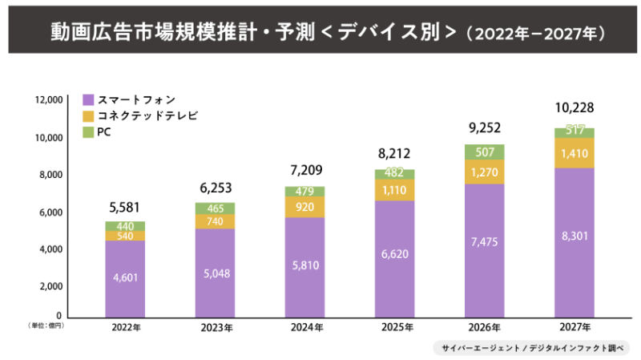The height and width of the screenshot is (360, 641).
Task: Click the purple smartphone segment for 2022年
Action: (125, 277)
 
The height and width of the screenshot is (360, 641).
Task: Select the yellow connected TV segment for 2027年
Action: (574, 153)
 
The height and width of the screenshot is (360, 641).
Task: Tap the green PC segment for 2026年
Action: (484, 152)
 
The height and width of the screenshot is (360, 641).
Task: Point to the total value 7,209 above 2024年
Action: (304, 171)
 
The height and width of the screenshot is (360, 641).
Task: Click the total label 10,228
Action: (574, 108)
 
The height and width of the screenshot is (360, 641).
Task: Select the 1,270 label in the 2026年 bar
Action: (484, 172)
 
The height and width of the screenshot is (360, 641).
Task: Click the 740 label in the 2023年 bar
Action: (215, 221)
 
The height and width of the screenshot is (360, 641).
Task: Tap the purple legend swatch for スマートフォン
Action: (89, 99)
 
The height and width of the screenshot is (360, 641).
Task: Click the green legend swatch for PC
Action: (89, 131)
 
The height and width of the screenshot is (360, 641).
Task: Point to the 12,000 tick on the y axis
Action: (48, 100)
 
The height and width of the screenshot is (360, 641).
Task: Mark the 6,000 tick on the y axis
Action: (50, 212)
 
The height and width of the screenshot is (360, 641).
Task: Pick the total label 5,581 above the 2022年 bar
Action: (125, 207)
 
